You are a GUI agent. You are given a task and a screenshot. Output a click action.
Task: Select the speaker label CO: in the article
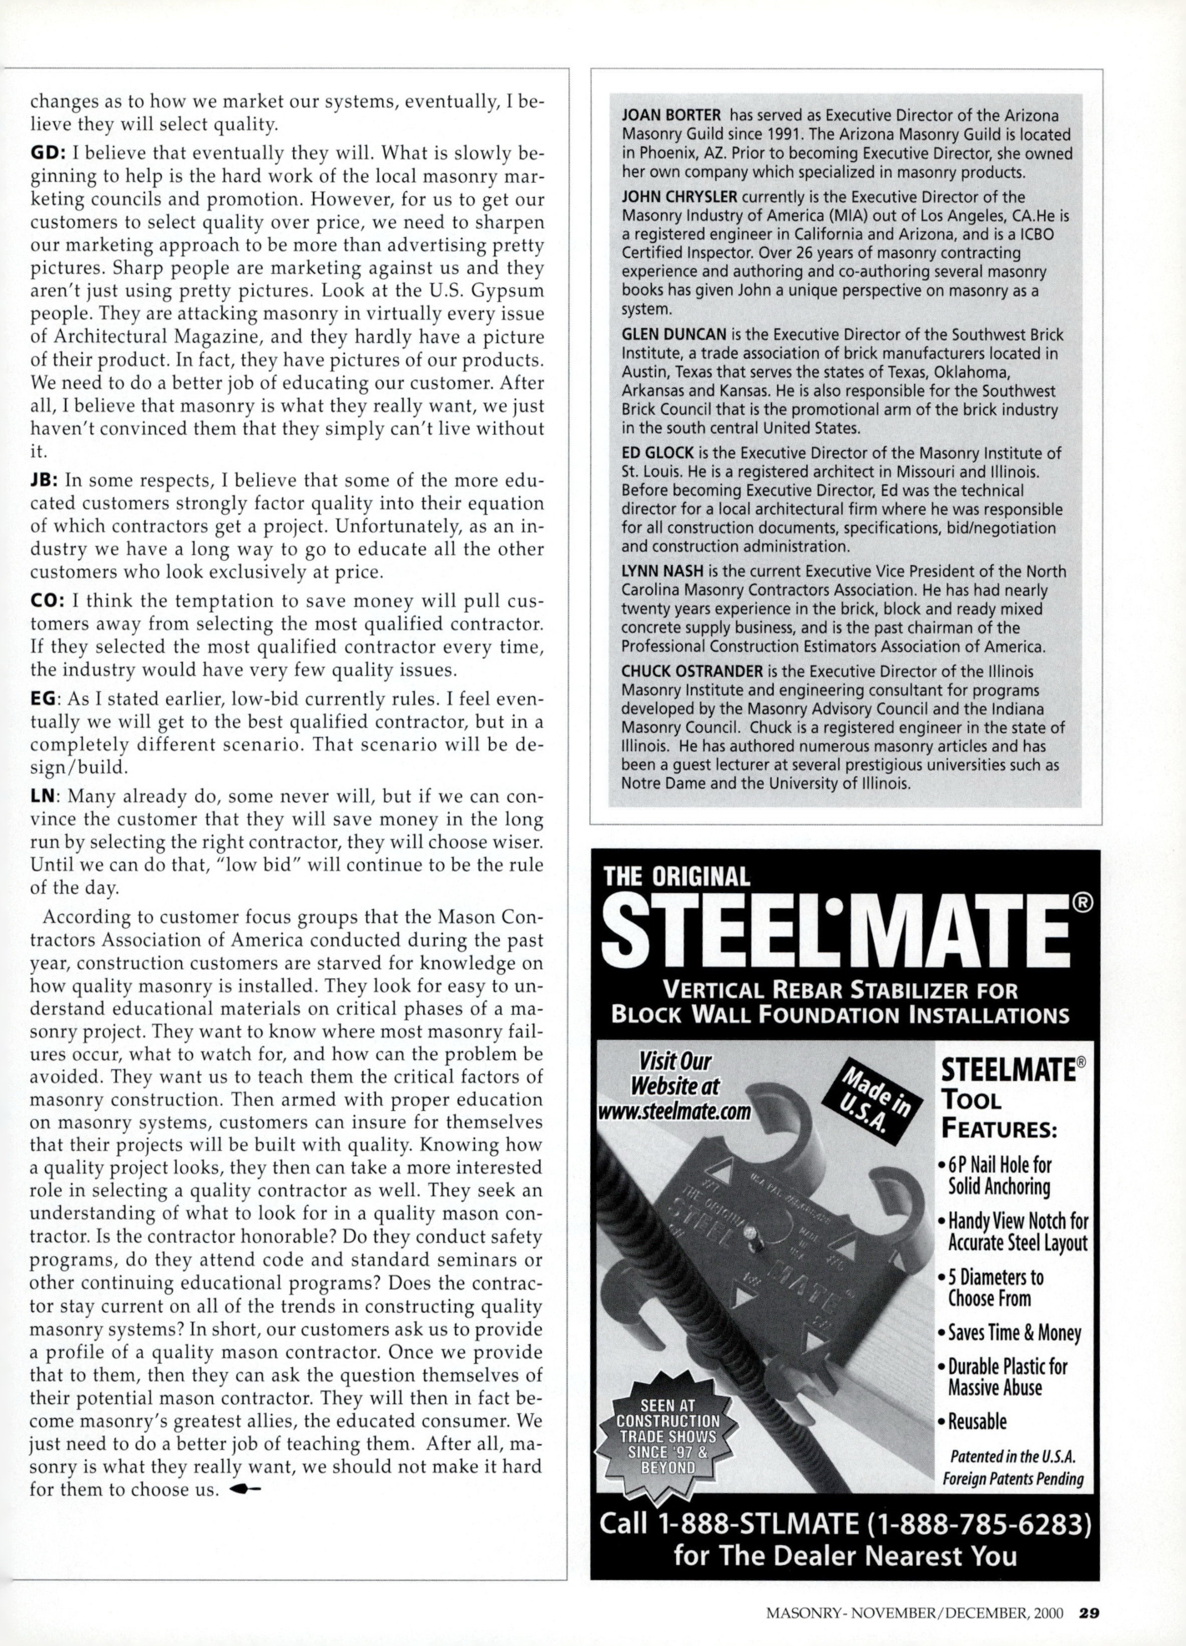coord(44,601)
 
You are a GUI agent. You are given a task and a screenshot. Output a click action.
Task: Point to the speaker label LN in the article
coord(43,796)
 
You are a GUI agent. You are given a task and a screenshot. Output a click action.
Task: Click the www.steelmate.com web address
coord(674,1112)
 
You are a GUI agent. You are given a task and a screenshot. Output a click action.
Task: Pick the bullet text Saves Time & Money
coord(1014,1333)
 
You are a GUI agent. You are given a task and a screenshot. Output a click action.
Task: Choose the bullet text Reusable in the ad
coord(977,1421)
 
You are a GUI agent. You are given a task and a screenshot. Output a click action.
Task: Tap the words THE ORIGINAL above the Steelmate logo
coord(676,876)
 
